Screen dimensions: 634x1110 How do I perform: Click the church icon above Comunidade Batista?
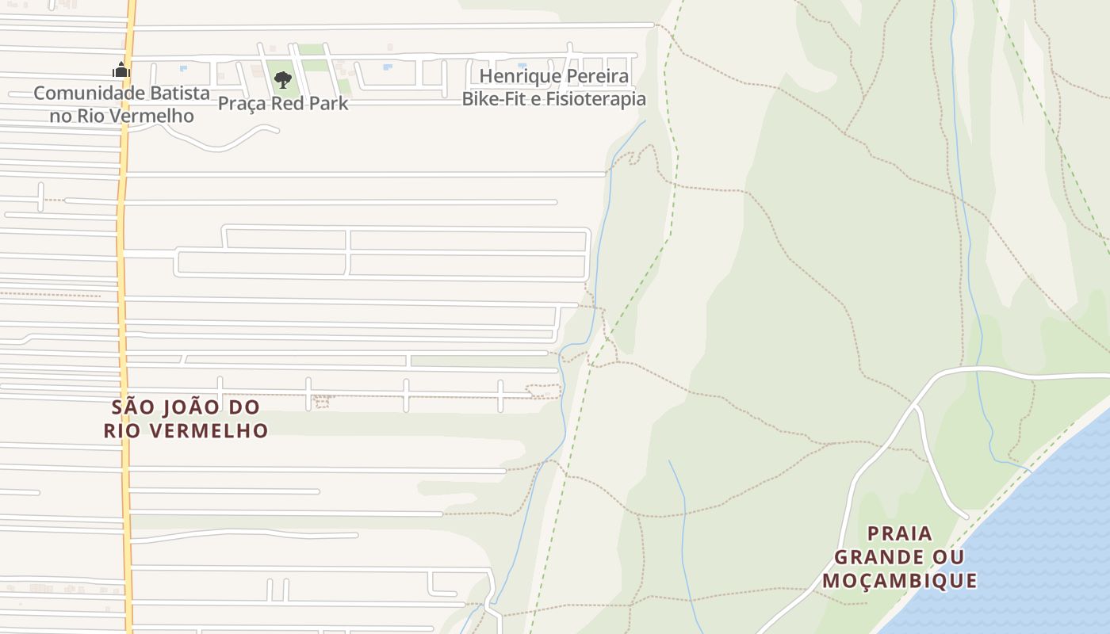click(121, 71)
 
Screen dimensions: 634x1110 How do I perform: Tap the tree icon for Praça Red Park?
click(282, 79)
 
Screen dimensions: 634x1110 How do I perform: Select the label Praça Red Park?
click(282, 103)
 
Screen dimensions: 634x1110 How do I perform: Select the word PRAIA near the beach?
click(900, 533)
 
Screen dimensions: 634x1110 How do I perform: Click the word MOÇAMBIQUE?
click(900, 581)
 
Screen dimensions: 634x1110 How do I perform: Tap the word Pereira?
click(593, 77)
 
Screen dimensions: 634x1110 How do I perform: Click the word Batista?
click(181, 93)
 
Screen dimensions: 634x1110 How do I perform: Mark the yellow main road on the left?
click(123, 238)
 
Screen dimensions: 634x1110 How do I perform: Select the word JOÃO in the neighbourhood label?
click(189, 407)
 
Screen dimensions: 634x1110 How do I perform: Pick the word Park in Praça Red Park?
click(328, 103)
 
